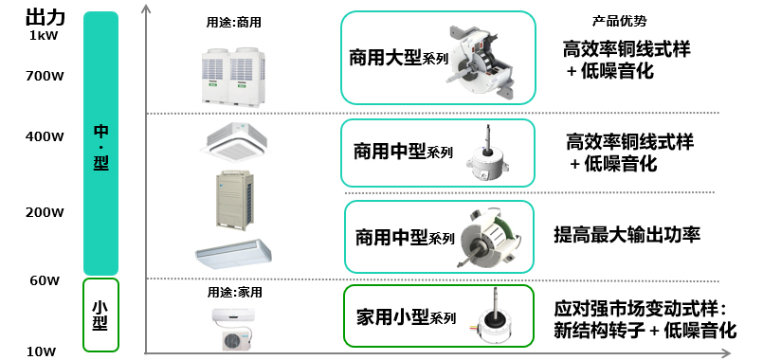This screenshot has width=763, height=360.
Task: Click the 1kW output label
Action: point(44,35)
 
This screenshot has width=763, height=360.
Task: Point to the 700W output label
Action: point(45,77)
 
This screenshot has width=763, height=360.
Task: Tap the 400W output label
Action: point(45,136)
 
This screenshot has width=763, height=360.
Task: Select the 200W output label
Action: point(45,212)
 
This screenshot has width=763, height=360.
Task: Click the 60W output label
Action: point(44,280)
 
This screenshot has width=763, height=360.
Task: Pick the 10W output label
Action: point(42,351)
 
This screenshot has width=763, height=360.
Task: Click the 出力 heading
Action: point(45,17)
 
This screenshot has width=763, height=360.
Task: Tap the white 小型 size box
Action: point(100,315)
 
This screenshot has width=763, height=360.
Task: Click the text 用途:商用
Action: point(233,23)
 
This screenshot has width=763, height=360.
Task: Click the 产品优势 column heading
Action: point(620,21)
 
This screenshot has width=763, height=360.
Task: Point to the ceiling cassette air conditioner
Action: point(234,140)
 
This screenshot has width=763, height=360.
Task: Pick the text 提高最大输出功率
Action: point(627,235)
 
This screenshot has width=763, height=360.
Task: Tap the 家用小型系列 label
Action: point(407,317)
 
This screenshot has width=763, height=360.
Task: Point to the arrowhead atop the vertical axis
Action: point(147,9)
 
